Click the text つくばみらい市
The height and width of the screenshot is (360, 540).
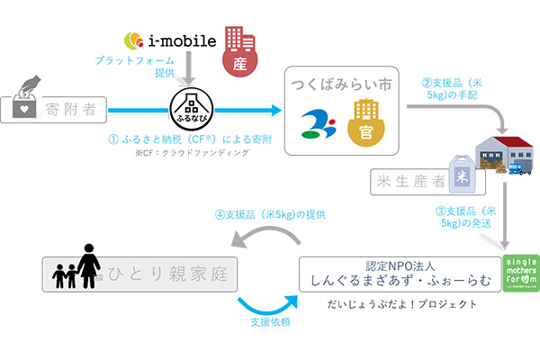coord(341,84)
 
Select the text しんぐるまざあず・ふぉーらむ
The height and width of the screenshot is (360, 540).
coord(398,283)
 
